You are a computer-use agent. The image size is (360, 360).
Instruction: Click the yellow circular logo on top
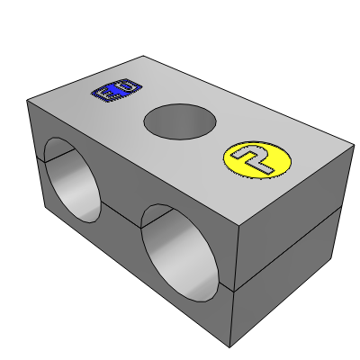tap(258, 159)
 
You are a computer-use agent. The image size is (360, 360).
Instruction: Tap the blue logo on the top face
tap(118, 90)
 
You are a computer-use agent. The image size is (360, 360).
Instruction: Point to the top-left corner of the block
tap(30, 102)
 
